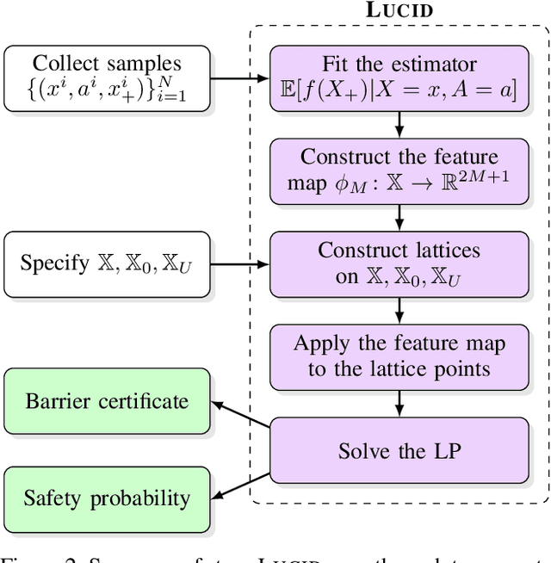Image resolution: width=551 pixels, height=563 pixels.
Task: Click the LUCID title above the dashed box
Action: [399, 12]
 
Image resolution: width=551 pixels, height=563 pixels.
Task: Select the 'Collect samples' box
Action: [107, 78]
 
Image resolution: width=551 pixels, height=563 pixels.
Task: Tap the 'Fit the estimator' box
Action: [399, 78]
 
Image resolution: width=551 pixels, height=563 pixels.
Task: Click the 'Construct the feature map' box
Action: [399, 171]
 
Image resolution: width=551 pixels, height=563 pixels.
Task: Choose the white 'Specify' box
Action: [107, 264]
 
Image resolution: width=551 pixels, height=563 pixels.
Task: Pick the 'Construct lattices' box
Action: [399, 264]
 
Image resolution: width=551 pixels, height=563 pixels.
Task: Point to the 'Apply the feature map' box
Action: [399, 356]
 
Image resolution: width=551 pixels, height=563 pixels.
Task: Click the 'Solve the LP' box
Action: [399, 450]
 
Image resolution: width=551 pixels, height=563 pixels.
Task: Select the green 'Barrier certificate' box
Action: [107, 400]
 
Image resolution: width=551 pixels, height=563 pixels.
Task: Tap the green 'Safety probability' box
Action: [107, 498]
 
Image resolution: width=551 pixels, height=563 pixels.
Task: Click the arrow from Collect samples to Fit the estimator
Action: [239, 78]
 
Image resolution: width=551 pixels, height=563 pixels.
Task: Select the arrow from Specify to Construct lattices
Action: [239, 264]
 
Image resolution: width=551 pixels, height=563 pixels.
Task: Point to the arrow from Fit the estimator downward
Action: [399, 125]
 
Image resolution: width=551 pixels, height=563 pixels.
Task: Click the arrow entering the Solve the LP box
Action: [399, 403]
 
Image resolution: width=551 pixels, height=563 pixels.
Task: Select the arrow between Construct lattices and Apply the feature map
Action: [399, 310]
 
